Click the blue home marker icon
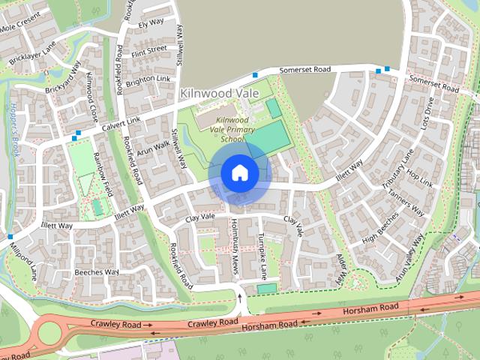(x=239, y=172)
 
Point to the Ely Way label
(x=151, y=22)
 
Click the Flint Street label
(x=149, y=50)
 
